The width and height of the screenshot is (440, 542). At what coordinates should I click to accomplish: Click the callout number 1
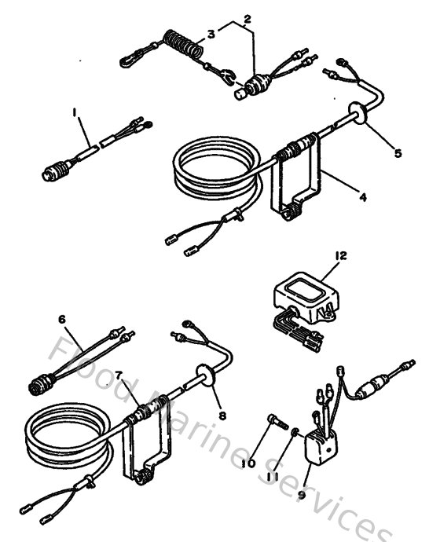coord(75,113)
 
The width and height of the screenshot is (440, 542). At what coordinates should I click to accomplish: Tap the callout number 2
coord(247,17)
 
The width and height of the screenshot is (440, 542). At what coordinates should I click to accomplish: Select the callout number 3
coord(211,33)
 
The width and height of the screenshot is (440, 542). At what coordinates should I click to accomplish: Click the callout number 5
coord(398,153)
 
